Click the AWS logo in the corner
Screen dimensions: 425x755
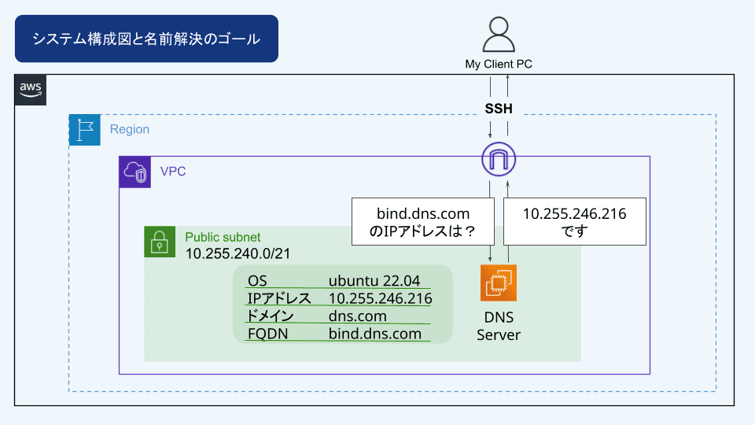tap(31, 90)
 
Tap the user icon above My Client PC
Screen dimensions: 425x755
tap(498, 35)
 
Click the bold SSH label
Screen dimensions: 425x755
tap(499, 109)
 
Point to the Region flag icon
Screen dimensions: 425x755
tap(85, 130)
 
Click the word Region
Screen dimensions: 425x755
tap(130, 129)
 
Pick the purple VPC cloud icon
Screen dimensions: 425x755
tap(134, 172)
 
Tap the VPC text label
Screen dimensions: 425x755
tap(173, 171)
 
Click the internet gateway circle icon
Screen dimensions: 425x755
tap(499, 160)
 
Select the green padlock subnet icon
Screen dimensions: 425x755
tap(160, 242)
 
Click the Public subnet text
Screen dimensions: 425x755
tap(223, 237)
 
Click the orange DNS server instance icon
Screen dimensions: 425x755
tap(499, 283)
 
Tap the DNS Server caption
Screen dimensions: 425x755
tap(499, 326)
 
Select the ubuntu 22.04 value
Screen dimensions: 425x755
tap(374, 281)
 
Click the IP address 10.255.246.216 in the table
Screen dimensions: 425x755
tap(380, 299)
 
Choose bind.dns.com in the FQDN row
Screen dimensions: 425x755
tap(375, 334)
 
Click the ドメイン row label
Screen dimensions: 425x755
tap(271, 316)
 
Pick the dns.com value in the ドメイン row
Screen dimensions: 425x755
tap(358, 316)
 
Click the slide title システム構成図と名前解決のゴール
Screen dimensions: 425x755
tap(146, 39)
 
